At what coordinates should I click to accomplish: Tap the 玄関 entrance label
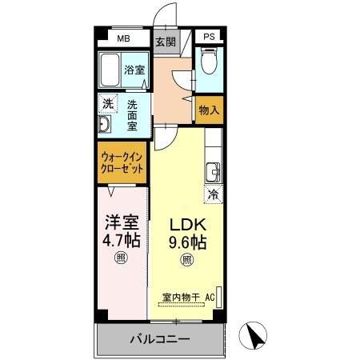point(165,42)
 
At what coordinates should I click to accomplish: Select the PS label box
point(208,38)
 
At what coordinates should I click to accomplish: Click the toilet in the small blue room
point(208,62)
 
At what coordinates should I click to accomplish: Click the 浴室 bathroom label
point(134,70)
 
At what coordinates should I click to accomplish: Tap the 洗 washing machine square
point(107,104)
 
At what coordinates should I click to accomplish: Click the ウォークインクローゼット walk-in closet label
point(122,163)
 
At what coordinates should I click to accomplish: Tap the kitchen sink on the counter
point(214,170)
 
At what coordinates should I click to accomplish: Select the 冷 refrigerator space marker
point(214,194)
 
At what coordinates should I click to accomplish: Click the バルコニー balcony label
point(160,340)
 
